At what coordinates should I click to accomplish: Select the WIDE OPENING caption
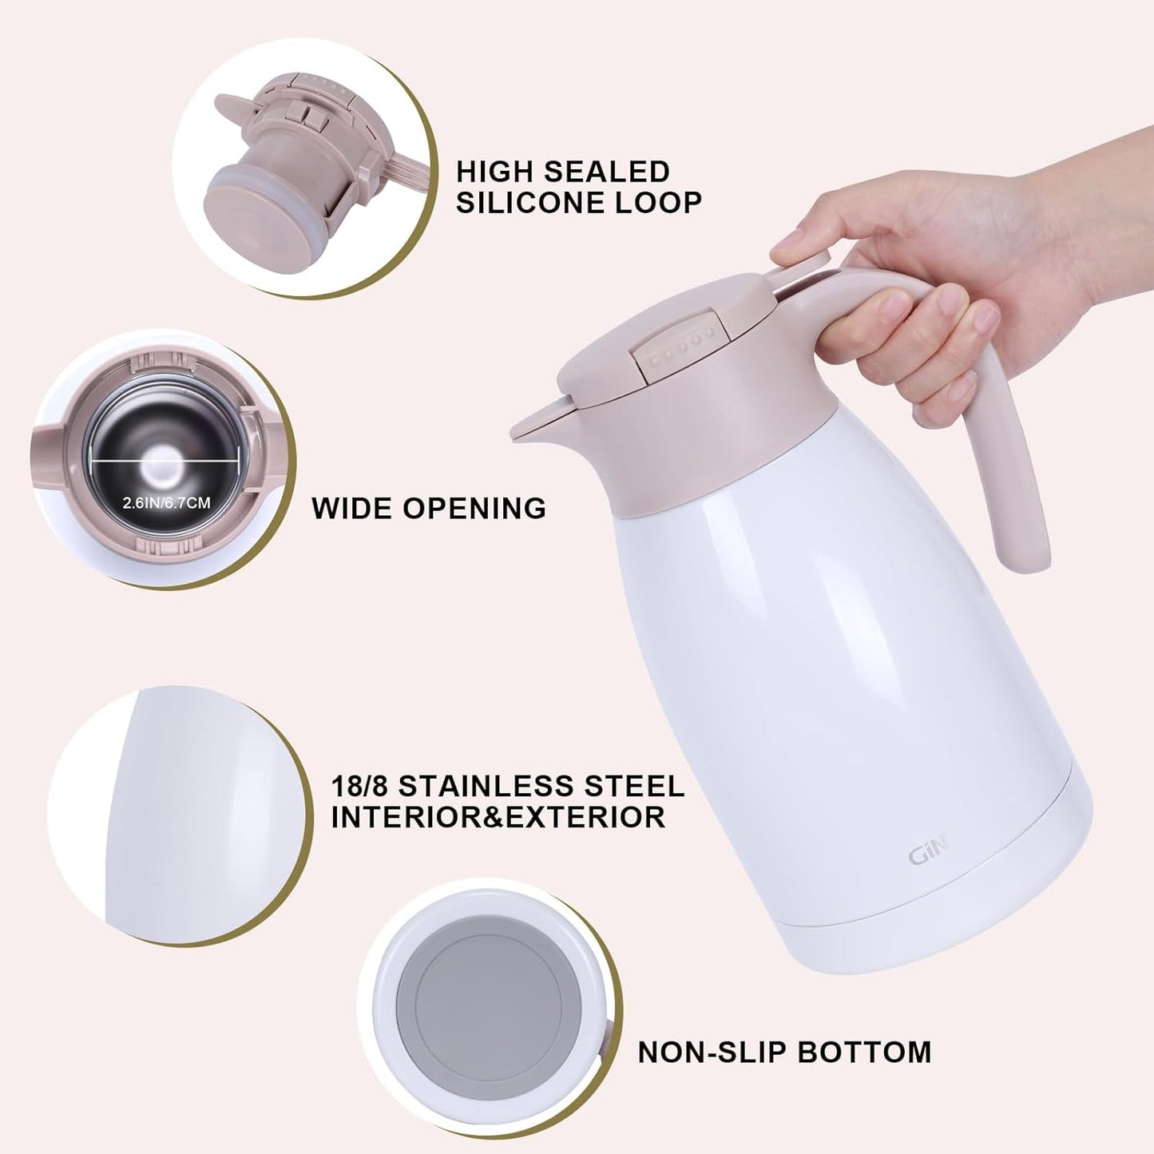click(x=429, y=508)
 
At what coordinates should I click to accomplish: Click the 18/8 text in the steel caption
click(x=360, y=786)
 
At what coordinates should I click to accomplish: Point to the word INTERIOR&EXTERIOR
click(x=498, y=817)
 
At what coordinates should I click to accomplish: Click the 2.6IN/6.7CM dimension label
click(x=166, y=503)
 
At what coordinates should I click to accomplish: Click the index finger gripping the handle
click(x=886, y=307)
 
